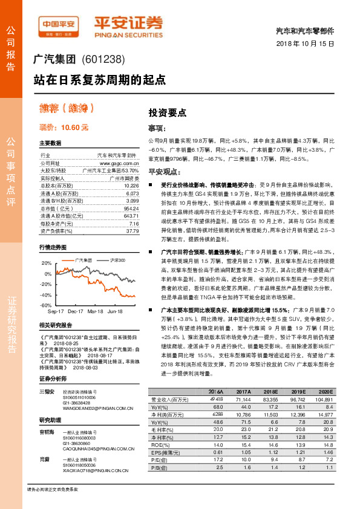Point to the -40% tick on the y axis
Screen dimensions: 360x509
tap(45, 294)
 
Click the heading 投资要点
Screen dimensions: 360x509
tap(168, 113)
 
